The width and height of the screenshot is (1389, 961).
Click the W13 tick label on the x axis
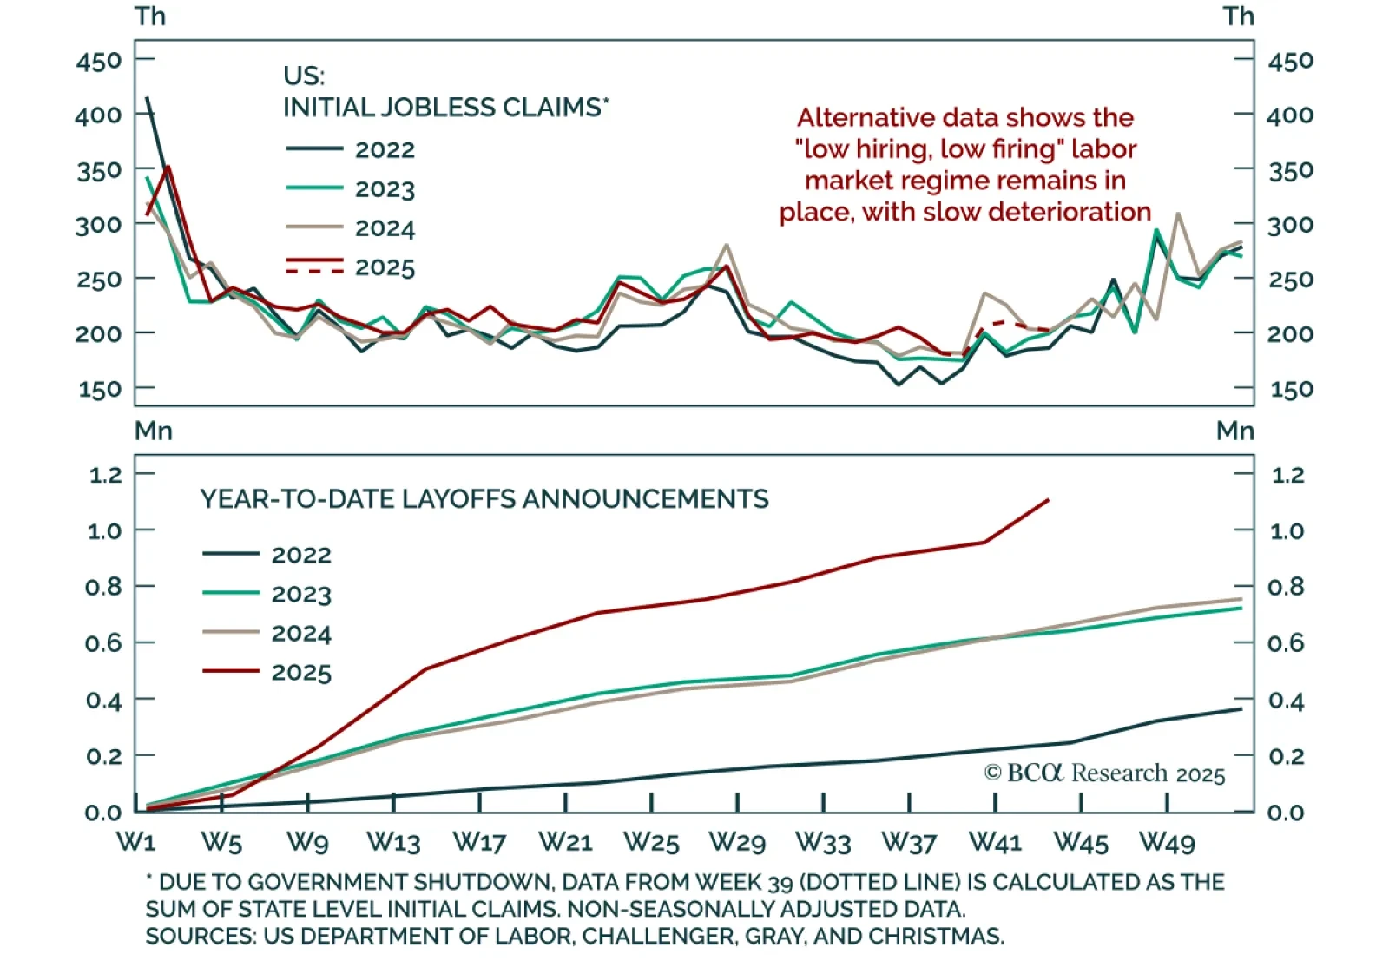tap(393, 842)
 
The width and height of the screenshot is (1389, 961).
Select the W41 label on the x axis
tap(995, 842)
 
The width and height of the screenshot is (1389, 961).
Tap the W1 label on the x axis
tap(136, 842)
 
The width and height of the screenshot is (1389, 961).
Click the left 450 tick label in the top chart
tap(99, 62)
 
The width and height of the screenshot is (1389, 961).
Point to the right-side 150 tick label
tap(1290, 390)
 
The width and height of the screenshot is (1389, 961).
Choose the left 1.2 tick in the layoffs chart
tap(105, 475)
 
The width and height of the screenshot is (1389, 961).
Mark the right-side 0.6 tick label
tap(1287, 643)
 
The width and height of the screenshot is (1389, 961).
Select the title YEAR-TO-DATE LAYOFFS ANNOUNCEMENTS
tap(484, 499)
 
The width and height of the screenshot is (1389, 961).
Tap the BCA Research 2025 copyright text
tap(1104, 773)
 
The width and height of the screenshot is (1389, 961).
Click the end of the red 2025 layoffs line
tap(1049, 500)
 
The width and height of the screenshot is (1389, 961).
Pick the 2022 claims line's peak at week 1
tap(147, 98)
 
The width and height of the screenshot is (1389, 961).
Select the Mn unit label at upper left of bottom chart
tap(153, 431)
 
